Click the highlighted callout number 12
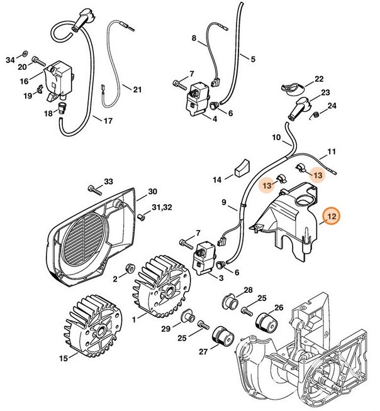pyautogui.click(x=332, y=217)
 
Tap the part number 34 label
pyautogui.click(x=9, y=60)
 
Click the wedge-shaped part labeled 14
pyautogui.click(x=238, y=168)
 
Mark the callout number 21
pyautogui.click(x=138, y=89)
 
